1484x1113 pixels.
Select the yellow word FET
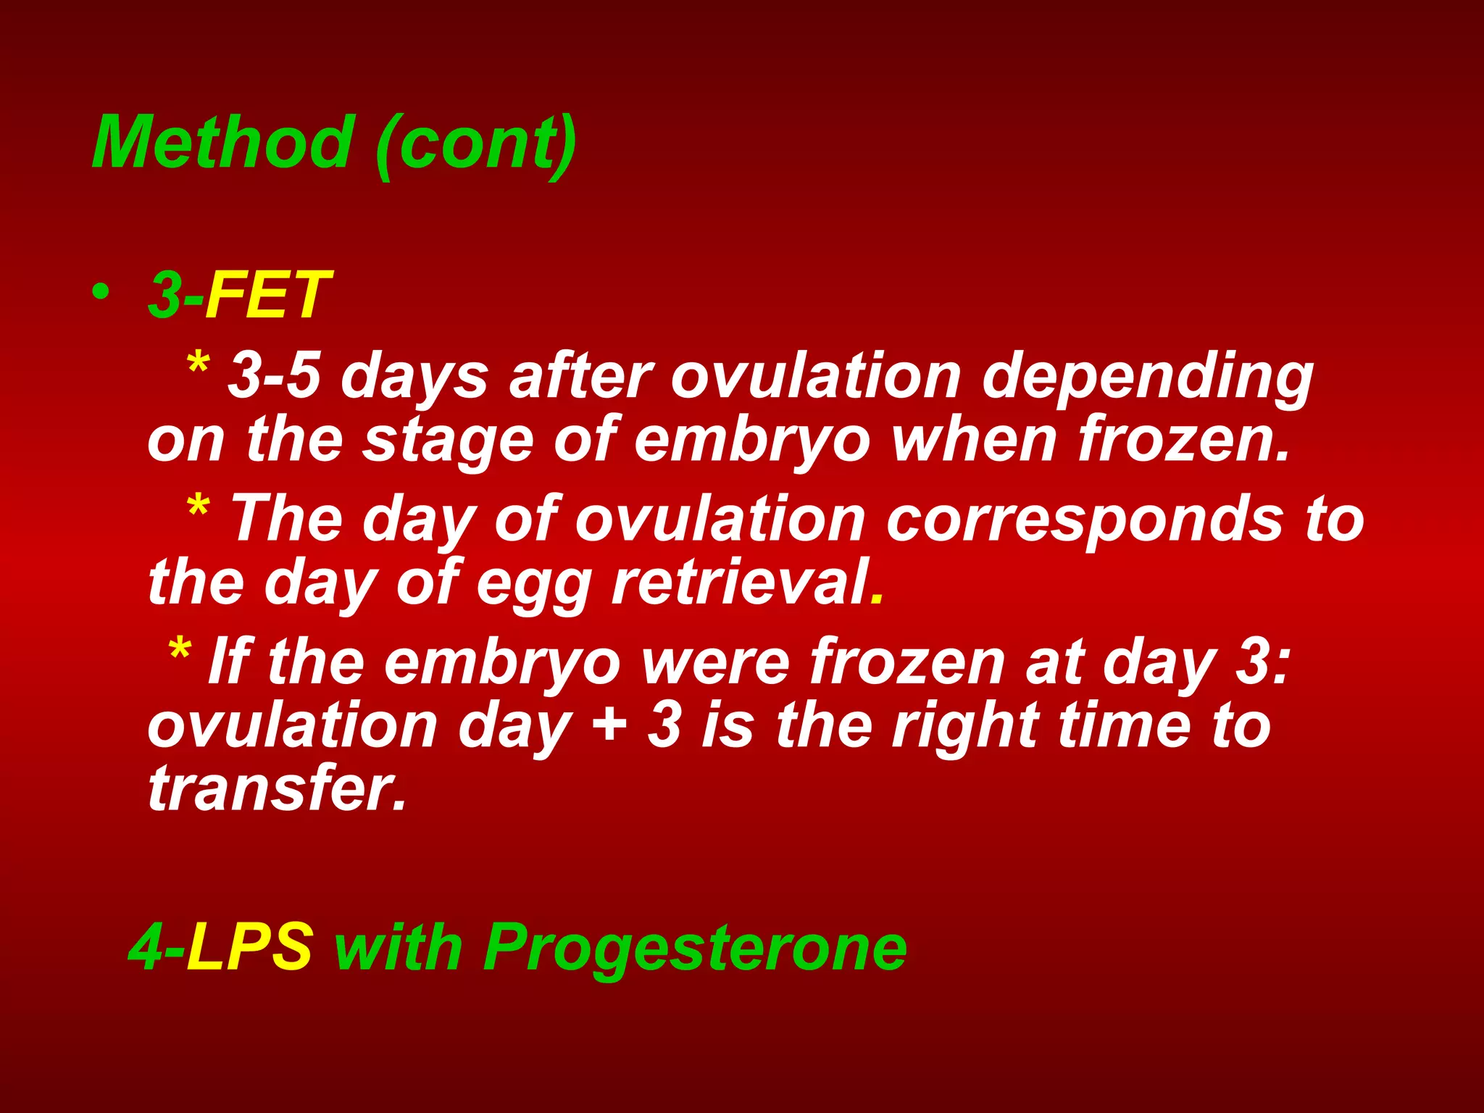click(268, 295)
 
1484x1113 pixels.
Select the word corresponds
click(1084, 520)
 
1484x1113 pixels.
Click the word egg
click(534, 584)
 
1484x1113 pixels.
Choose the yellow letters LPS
click(249, 946)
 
